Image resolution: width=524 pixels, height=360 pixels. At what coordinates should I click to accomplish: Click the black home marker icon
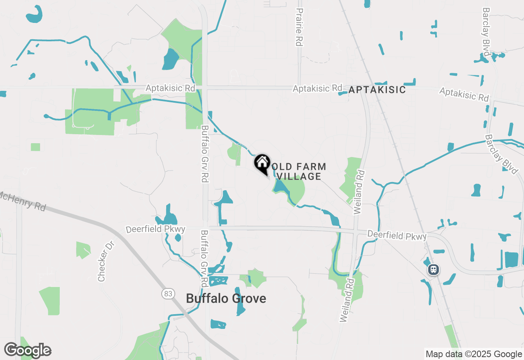pos(262,163)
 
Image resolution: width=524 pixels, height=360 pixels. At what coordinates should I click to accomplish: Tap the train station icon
pos(434,270)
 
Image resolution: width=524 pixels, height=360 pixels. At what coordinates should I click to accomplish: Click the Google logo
pos(27,351)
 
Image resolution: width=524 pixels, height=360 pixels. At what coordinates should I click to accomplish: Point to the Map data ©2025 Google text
pos(474,354)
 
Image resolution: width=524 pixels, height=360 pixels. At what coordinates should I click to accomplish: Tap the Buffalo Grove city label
pos(226,299)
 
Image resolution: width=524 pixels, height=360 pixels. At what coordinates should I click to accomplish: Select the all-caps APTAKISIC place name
pos(377,90)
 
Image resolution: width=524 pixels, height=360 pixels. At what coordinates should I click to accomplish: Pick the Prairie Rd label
pos(300,27)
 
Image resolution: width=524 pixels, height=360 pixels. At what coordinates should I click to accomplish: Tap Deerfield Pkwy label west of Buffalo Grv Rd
pos(156,229)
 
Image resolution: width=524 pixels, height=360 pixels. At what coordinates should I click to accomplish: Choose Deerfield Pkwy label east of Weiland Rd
pos(397,236)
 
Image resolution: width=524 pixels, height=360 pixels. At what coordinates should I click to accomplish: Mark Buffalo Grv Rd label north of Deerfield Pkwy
pos(204,153)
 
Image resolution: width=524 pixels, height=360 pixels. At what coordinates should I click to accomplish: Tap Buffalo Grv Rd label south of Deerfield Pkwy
pos(204,259)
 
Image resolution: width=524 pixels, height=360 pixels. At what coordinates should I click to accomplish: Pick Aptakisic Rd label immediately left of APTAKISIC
pos(317,88)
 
